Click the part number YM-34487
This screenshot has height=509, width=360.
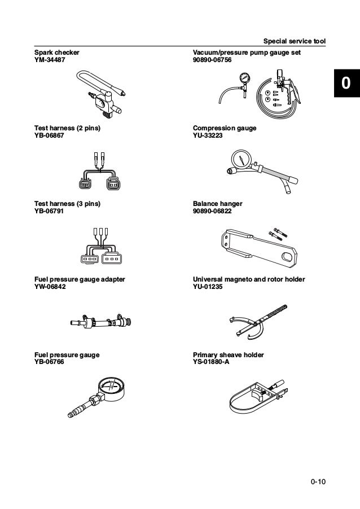click(x=50, y=59)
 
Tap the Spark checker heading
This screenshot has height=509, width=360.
click(x=57, y=52)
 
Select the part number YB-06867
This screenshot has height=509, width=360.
click(x=49, y=135)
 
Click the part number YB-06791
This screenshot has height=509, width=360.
click(x=49, y=211)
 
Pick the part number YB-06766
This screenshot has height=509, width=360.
click(x=49, y=362)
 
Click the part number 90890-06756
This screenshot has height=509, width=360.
click(x=212, y=59)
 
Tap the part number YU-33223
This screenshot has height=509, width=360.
click(x=208, y=135)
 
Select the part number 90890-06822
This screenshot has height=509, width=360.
click(x=212, y=211)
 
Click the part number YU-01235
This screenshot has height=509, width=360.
click(x=208, y=287)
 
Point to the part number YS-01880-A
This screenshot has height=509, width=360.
click(x=211, y=362)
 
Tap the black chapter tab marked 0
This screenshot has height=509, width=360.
click(x=345, y=84)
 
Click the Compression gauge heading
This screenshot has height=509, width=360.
click(x=225, y=128)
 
